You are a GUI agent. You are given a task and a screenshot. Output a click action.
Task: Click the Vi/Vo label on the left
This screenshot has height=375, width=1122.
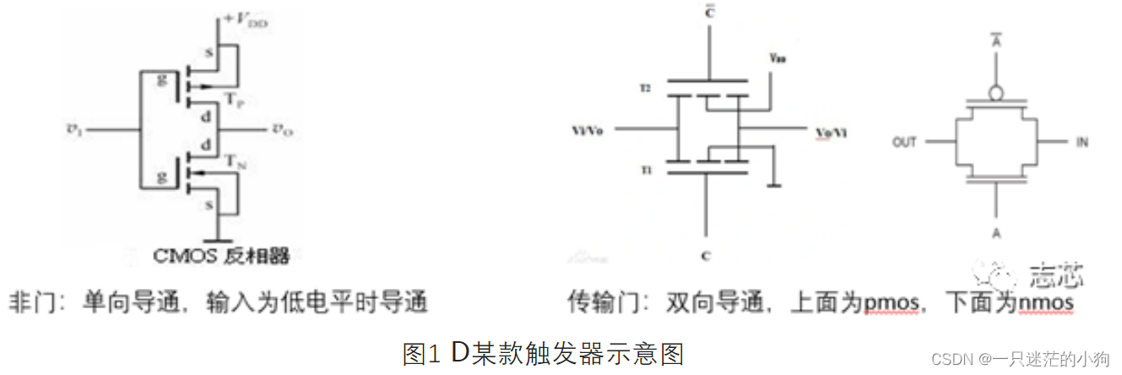pyautogui.click(x=588, y=131)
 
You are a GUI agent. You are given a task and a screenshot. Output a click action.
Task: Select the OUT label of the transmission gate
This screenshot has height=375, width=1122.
pyautogui.click(x=904, y=142)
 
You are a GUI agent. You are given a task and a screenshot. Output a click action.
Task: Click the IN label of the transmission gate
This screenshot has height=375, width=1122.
pyautogui.click(x=1081, y=142)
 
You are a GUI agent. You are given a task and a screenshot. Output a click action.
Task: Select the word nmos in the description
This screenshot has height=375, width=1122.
pyautogui.click(x=1043, y=302)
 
